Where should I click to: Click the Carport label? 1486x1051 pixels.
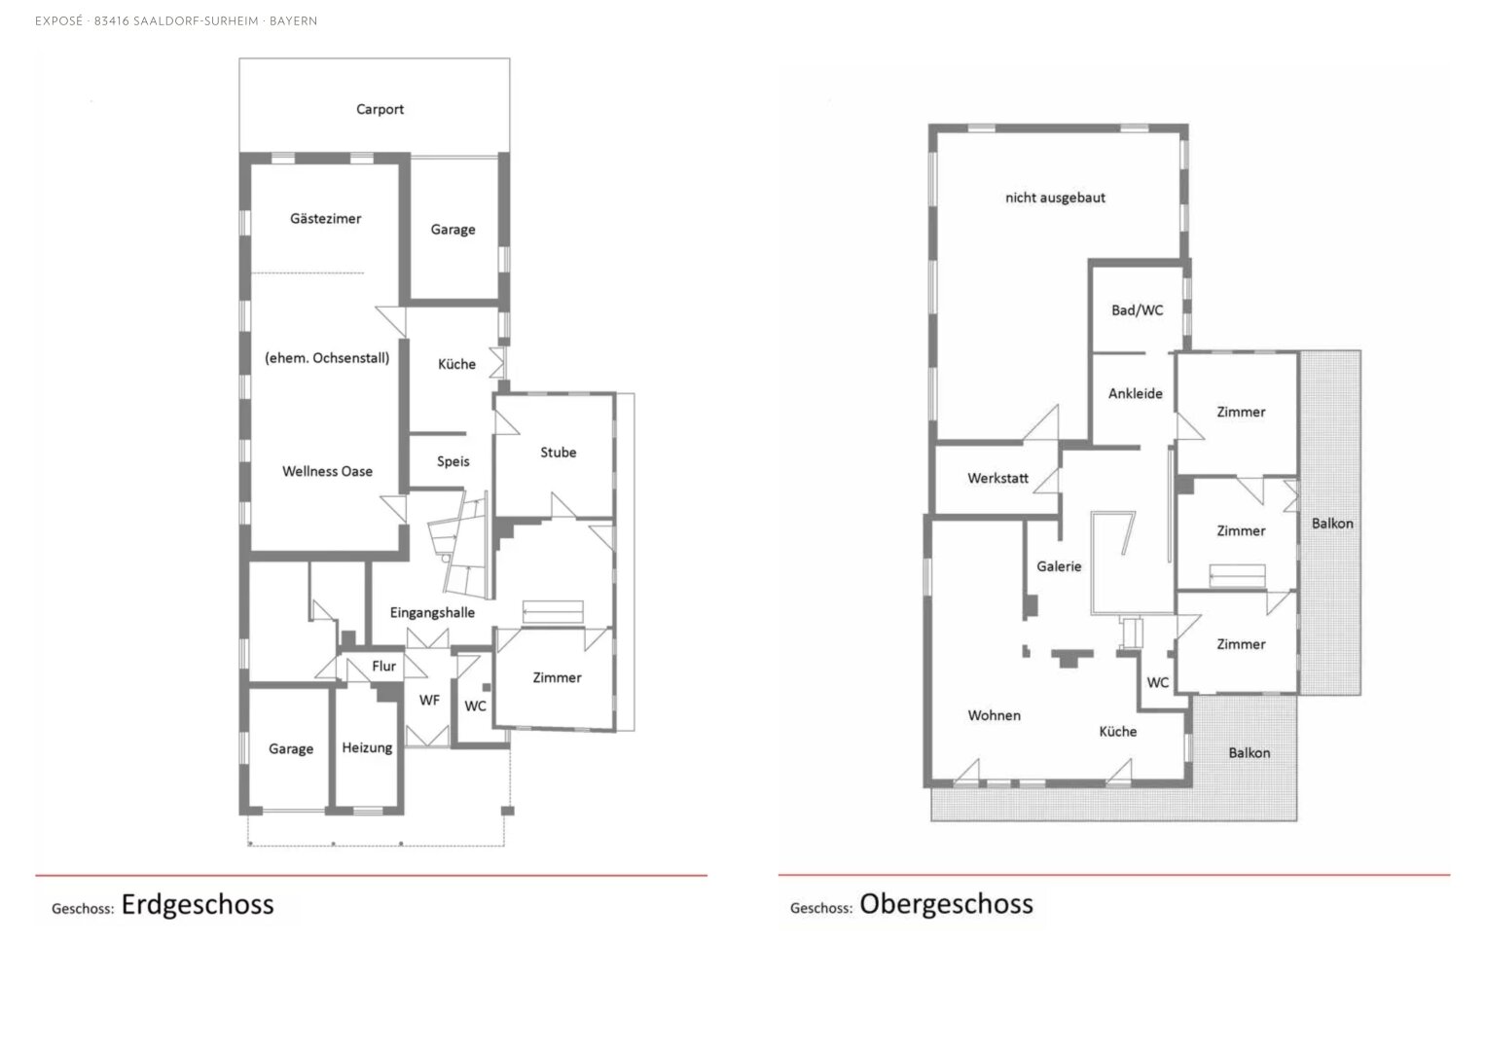pyautogui.click(x=380, y=109)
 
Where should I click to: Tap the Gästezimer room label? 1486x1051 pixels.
pyautogui.click(x=325, y=219)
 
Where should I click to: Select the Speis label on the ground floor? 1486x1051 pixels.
pyautogui.click(x=453, y=462)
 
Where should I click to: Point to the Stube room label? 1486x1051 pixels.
pyautogui.click(x=558, y=453)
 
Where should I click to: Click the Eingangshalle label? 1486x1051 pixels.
pyautogui.click(x=432, y=613)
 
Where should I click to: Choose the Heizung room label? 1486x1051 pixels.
pyautogui.click(x=367, y=748)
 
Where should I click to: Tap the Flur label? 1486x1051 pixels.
pyautogui.click(x=383, y=667)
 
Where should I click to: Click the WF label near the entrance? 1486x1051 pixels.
pyautogui.click(x=429, y=700)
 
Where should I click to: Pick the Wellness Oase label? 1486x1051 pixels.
pyautogui.click(x=327, y=472)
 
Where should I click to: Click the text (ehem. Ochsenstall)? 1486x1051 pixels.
pyautogui.click(x=327, y=358)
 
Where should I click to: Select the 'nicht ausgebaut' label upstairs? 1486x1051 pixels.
pyautogui.click(x=1055, y=198)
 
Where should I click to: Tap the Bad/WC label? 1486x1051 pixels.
pyautogui.click(x=1137, y=310)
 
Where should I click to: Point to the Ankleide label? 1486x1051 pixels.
pyautogui.click(x=1135, y=394)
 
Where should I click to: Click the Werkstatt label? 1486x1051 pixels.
pyautogui.click(x=997, y=479)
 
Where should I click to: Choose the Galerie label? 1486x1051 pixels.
pyautogui.click(x=1059, y=566)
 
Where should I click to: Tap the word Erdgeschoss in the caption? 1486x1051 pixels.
pyautogui.click(x=198, y=905)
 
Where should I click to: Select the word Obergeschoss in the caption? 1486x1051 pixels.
pyautogui.click(x=947, y=904)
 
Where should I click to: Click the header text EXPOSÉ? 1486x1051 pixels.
pyautogui.click(x=59, y=21)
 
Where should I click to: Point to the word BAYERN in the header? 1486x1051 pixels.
pyautogui.click(x=293, y=21)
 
